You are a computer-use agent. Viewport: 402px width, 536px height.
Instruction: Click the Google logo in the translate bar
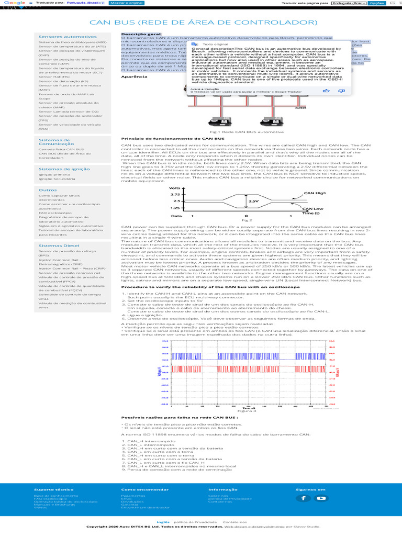tap(11, 3)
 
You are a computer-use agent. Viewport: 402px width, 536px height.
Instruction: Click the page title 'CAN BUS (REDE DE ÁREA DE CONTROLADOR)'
tap(204, 23)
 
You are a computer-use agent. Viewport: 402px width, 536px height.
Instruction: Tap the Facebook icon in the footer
tap(304, 498)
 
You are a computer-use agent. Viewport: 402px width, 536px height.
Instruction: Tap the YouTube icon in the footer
tap(320, 498)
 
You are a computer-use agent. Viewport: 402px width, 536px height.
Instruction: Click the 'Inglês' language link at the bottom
tap(163, 522)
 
